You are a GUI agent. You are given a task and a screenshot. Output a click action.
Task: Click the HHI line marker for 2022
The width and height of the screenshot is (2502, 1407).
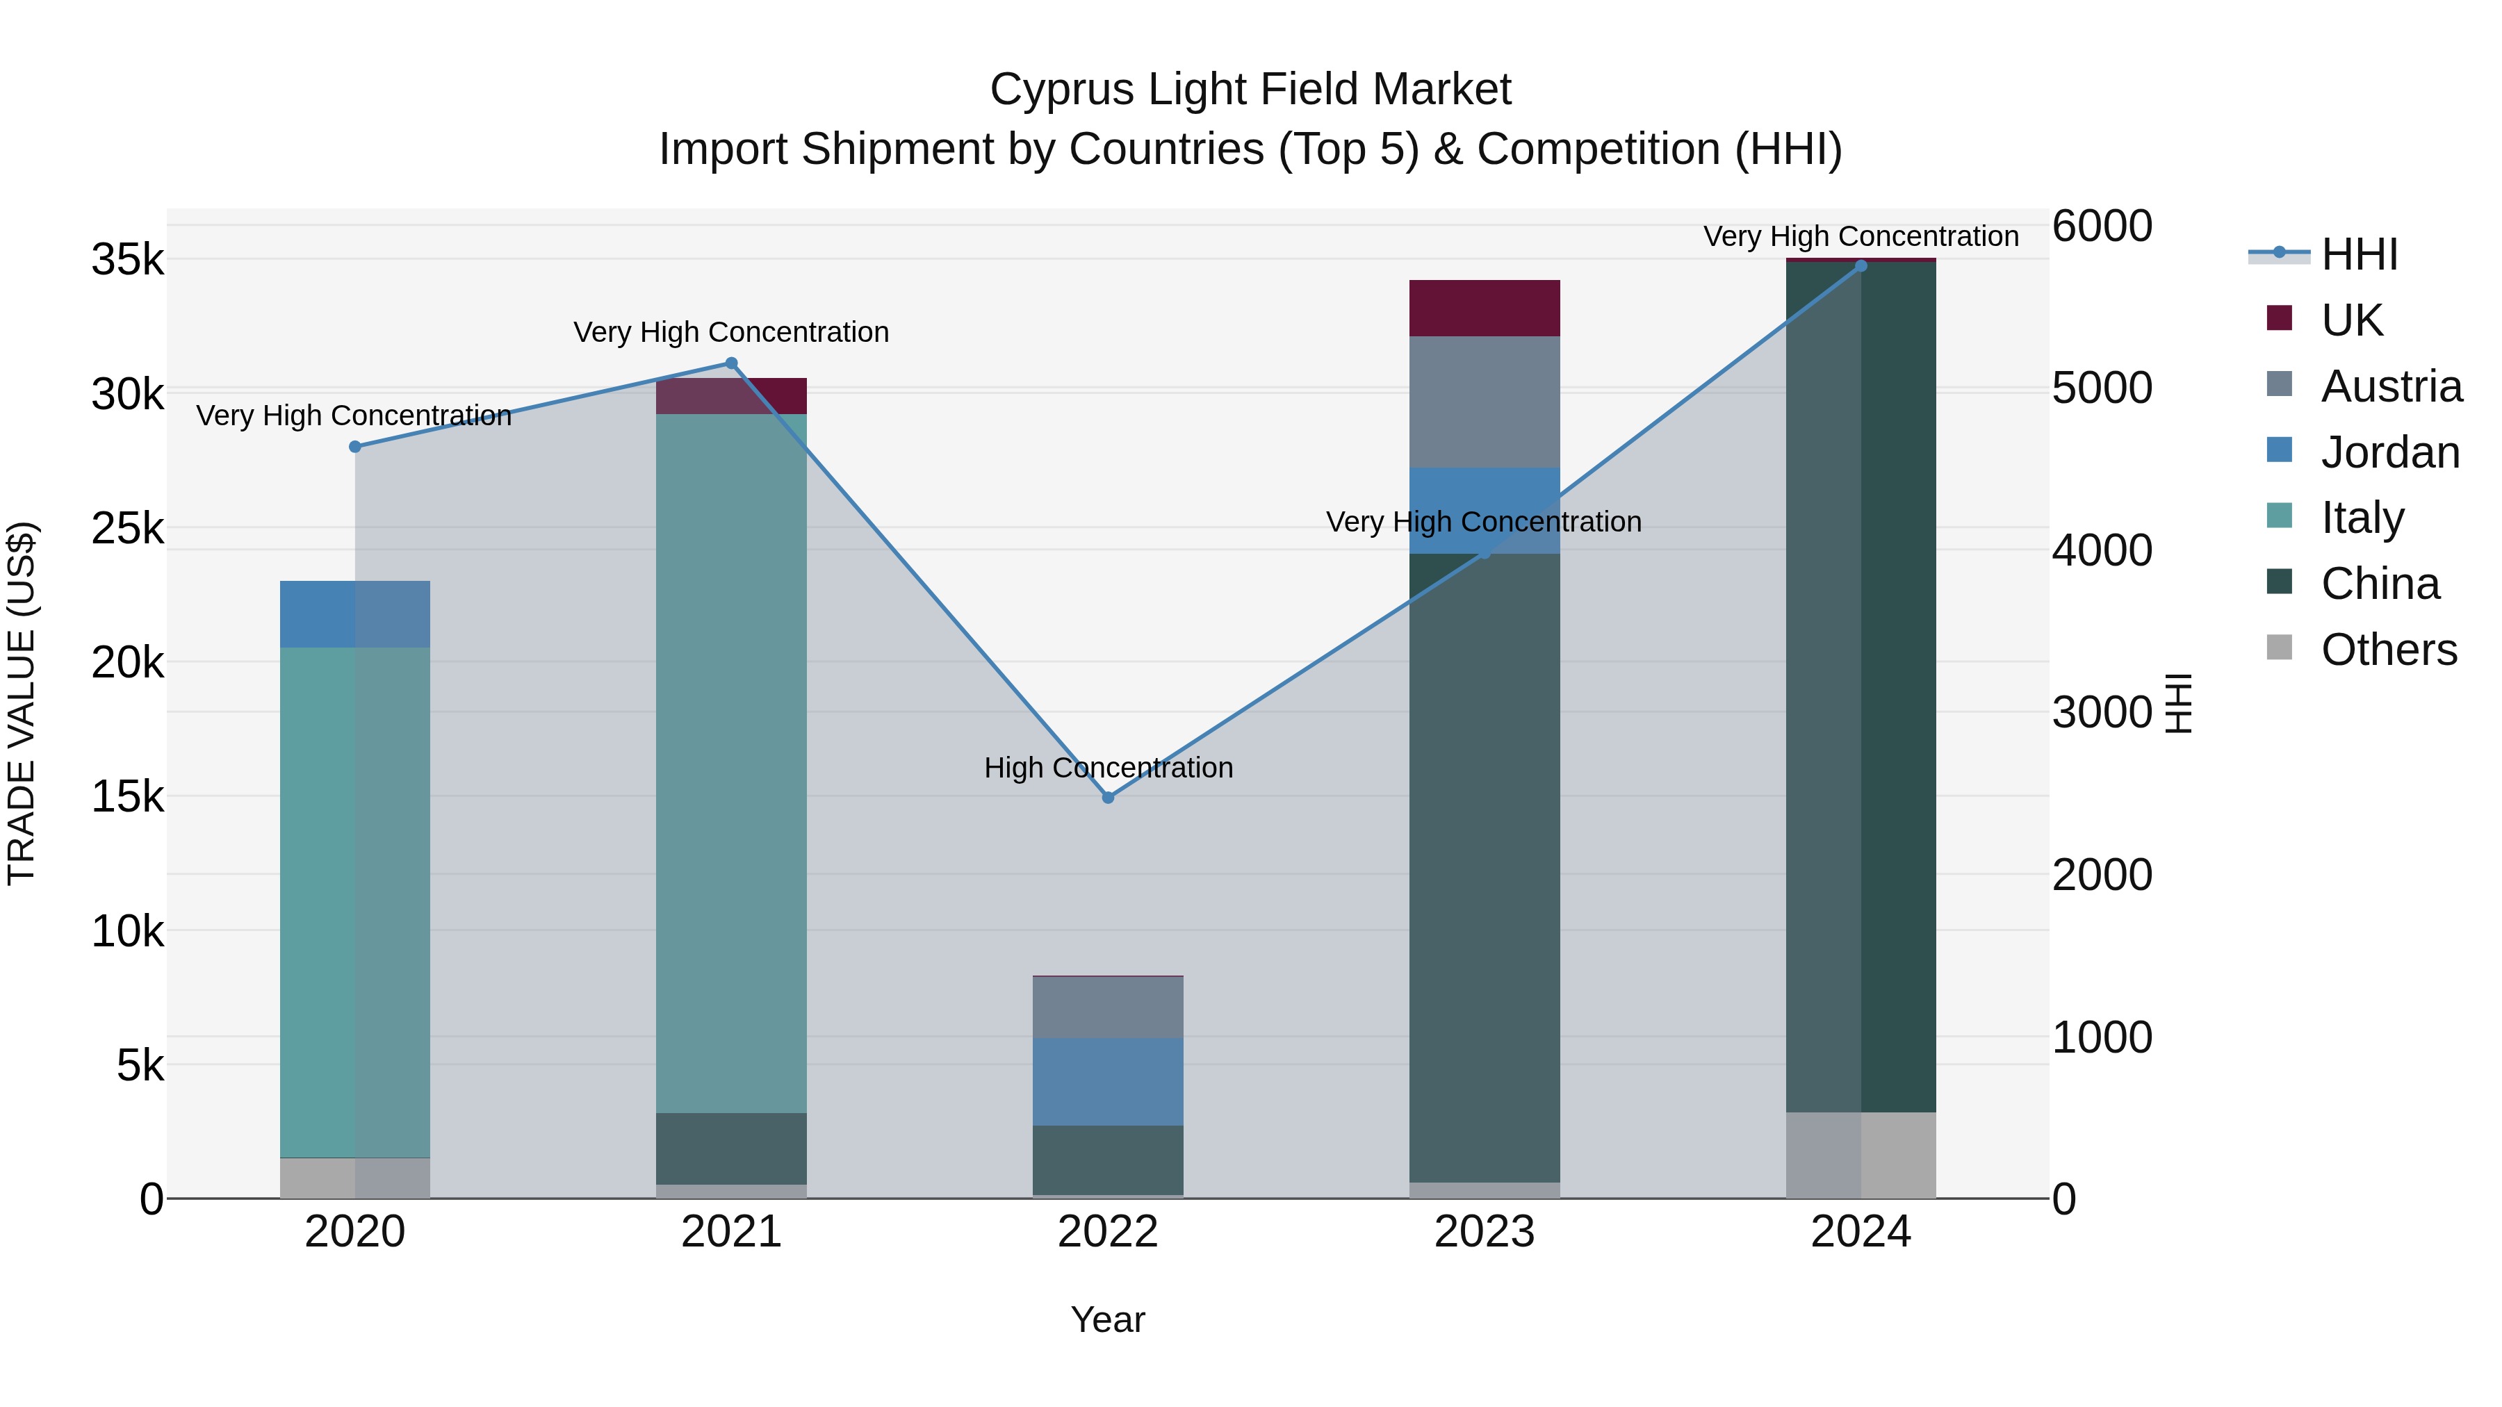pos(1109,797)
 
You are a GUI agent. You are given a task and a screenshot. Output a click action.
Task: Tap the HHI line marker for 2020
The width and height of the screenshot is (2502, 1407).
pos(355,447)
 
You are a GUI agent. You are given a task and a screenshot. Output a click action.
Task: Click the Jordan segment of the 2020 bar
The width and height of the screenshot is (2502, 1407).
pos(354,614)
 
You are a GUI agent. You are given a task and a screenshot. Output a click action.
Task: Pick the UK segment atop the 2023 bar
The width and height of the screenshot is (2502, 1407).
pos(1484,308)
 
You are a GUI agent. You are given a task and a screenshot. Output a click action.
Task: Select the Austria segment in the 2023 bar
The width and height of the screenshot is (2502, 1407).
pos(1484,402)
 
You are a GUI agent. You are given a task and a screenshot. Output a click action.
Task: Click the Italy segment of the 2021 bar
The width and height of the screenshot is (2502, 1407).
pos(731,762)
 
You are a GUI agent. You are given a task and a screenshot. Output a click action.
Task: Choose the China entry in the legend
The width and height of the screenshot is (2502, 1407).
pos(2380,584)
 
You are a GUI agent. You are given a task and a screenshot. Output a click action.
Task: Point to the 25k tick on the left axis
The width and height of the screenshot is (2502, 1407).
pos(127,529)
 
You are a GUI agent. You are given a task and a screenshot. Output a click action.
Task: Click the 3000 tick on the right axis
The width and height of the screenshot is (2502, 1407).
pos(2102,713)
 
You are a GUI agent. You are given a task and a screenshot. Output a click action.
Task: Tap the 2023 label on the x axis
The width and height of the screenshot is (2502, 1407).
pos(1484,1232)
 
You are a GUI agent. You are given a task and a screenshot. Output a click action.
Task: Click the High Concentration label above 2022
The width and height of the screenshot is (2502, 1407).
pos(1109,767)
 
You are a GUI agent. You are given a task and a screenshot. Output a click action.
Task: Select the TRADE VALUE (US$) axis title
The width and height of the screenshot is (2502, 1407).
pos(22,703)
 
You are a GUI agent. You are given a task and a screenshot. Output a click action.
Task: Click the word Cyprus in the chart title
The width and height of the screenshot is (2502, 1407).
pos(1063,90)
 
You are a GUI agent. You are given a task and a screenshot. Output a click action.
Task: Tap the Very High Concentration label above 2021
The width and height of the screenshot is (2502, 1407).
pos(730,332)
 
